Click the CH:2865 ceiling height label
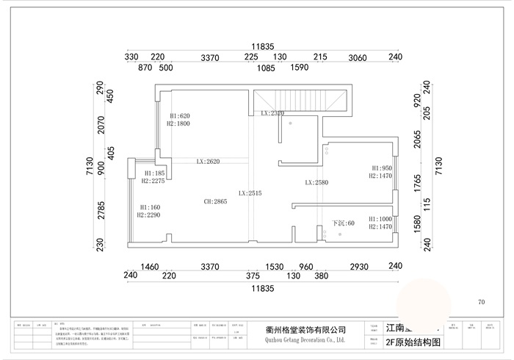[216, 201]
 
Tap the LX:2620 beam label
[208, 162]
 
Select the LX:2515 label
[250, 193]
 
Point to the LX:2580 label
[317, 182]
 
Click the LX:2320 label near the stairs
[272, 114]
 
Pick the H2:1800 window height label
[179, 124]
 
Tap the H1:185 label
[153, 173]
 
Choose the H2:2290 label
[149, 215]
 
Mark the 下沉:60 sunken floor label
[343, 223]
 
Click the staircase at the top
[300, 99]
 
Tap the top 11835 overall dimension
[262, 46]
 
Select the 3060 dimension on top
[358, 57]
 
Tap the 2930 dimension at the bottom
[358, 266]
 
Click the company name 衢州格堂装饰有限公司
[305, 331]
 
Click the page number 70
[482, 302]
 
